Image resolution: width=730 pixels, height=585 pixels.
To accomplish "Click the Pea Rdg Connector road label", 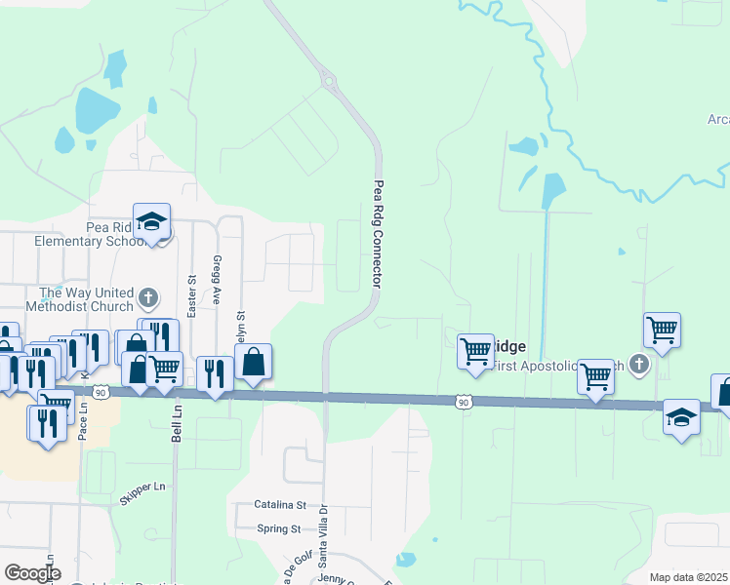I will point(377,234).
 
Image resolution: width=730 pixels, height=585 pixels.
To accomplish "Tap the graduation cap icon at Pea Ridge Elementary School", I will point(151,222).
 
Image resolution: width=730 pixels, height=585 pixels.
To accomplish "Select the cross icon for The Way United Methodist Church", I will point(148,297).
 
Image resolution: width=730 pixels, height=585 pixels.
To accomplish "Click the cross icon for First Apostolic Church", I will point(638,365).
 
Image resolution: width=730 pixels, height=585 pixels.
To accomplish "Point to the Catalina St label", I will point(280,505).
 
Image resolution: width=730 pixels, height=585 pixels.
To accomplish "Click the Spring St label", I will point(279,528).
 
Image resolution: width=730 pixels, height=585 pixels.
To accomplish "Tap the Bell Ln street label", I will point(176,425).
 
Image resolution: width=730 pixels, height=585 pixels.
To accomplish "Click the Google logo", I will point(32,573).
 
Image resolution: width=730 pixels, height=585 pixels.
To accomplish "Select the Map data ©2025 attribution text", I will point(689,577).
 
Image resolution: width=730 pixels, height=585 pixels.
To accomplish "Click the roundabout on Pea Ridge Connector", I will point(328,81).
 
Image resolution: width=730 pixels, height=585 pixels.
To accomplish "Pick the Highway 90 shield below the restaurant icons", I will point(101,392).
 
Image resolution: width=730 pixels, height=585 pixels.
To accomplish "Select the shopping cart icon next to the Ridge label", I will point(475,350).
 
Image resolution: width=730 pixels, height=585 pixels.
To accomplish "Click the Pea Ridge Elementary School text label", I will point(80,233).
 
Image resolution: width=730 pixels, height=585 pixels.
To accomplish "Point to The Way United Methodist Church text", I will point(86,299).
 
